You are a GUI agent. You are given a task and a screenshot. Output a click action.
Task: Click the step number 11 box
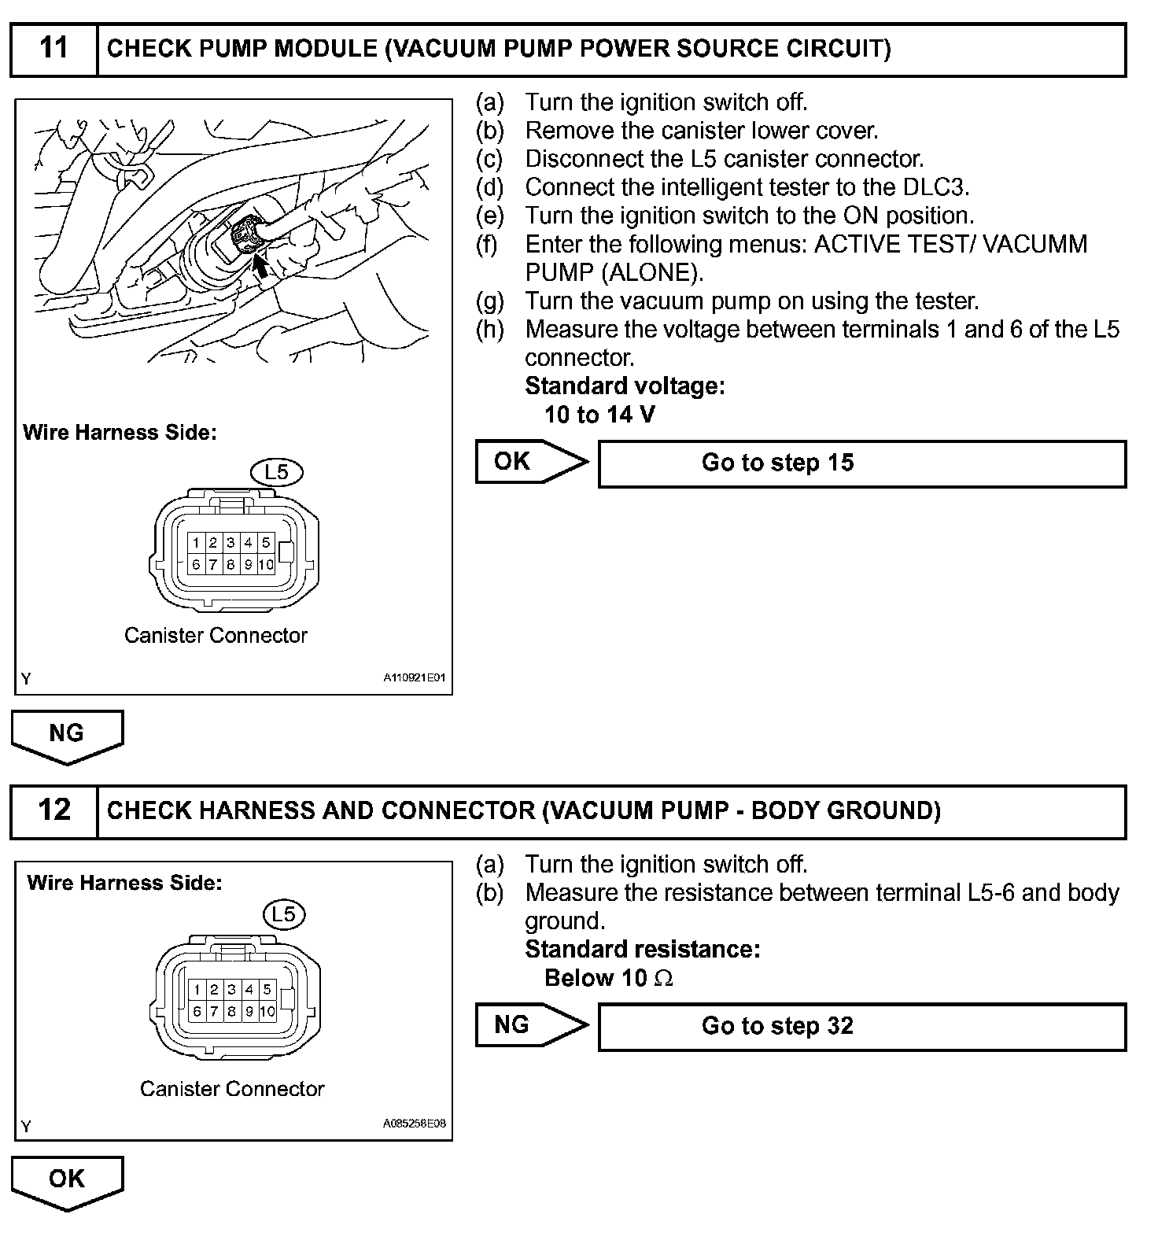pos(53,50)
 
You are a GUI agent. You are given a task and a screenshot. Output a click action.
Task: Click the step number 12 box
pos(53,810)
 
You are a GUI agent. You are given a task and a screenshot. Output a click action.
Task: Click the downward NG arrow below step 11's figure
pos(67,735)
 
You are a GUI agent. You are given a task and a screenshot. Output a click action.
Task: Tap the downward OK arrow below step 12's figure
pos(67,1180)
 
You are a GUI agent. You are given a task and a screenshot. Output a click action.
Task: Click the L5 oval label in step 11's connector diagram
pos(276,472)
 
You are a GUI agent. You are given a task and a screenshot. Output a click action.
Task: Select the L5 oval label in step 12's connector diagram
pos(283,914)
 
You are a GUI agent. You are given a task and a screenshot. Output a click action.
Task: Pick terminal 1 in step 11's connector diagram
pos(196,542)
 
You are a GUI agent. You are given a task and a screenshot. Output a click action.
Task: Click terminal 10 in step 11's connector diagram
pos(266,564)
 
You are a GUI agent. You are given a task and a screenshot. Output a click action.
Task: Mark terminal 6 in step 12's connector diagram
pos(197,1011)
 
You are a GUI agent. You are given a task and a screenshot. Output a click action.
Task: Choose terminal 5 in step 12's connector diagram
pos(267,990)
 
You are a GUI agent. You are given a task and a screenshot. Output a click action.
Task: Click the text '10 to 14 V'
pos(599,415)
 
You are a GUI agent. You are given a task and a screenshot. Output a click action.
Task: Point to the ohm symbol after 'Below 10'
pos(664,979)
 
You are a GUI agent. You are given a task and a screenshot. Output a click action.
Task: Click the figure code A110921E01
pos(415,677)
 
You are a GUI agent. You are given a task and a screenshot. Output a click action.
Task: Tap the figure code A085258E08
pos(415,1124)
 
